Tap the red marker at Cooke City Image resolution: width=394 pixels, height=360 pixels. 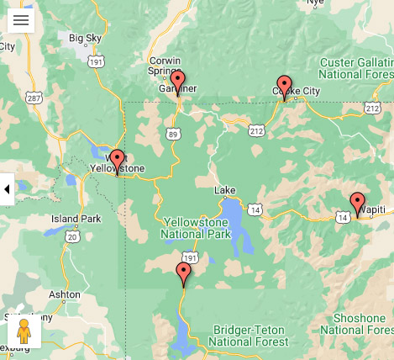pos(284,85)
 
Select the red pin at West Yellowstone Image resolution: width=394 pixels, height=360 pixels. pos(117,159)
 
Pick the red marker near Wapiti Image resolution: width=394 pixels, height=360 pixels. pos(357,202)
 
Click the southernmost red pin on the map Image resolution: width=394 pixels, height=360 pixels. pos(183,273)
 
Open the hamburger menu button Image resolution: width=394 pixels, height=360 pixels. pos(21,20)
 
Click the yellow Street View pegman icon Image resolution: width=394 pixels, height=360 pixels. pos(24,331)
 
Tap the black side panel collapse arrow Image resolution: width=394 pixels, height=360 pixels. pos(7,189)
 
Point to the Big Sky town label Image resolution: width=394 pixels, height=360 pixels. pos(85,38)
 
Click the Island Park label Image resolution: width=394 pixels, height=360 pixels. pos(76,219)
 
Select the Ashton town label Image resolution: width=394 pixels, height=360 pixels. pos(65,294)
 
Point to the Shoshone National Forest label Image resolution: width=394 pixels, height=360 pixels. pos(359,324)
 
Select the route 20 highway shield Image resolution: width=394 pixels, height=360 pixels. pos(72,237)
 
